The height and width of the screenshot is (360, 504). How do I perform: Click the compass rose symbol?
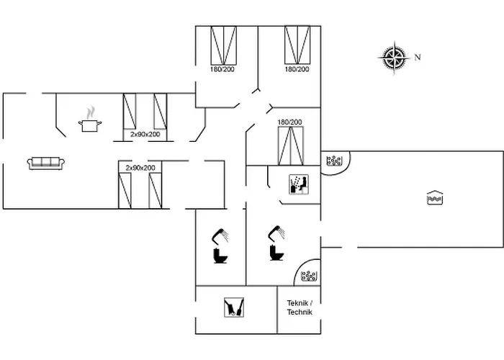point(395,58)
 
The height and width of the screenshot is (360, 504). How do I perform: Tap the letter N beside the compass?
point(417,58)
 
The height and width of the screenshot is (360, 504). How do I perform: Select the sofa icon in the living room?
point(46,163)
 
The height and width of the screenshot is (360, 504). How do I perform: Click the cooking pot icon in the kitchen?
point(90,125)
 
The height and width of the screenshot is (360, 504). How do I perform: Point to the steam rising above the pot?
point(90,112)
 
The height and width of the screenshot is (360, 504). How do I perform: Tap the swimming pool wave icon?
point(434,197)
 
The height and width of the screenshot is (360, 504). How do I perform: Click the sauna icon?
point(298,184)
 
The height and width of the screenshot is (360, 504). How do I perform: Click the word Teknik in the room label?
point(299,303)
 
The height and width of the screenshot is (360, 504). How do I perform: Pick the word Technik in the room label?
point(300,312)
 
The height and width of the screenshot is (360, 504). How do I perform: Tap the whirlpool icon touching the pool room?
point(333,161)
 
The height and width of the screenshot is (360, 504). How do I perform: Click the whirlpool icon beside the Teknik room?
point(309,275)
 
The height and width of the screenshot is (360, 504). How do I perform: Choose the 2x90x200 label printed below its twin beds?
point(145,135)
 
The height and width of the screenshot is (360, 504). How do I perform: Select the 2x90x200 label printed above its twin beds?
point(140,167)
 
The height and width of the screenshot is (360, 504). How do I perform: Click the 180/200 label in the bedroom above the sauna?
point(289,122)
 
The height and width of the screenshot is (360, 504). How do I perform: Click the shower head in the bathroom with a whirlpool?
point(277,232)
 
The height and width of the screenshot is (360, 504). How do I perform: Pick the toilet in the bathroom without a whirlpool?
point(219,256)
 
